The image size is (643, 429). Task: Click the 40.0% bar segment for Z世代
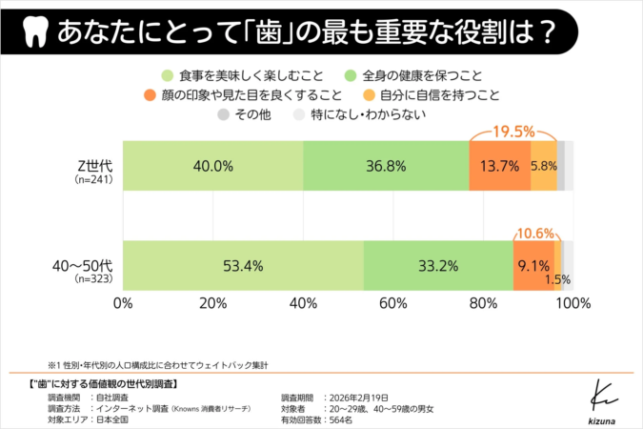[212, 166]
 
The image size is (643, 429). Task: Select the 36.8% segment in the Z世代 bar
[386, 166]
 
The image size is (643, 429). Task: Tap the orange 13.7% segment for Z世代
[500, 166]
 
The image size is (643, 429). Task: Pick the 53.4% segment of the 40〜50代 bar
[243, 266]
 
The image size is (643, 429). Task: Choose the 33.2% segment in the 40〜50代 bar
[437, 266]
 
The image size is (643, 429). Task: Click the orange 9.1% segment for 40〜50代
[532, 266]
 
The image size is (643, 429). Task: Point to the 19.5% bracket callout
[512, 130]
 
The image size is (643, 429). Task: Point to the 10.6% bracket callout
[537, 232]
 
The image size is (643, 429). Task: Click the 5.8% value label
[544, 166]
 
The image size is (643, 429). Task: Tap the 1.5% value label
[558, 279]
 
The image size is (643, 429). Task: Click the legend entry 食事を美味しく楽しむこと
[242, 74]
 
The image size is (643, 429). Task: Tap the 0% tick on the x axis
[123, 303]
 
